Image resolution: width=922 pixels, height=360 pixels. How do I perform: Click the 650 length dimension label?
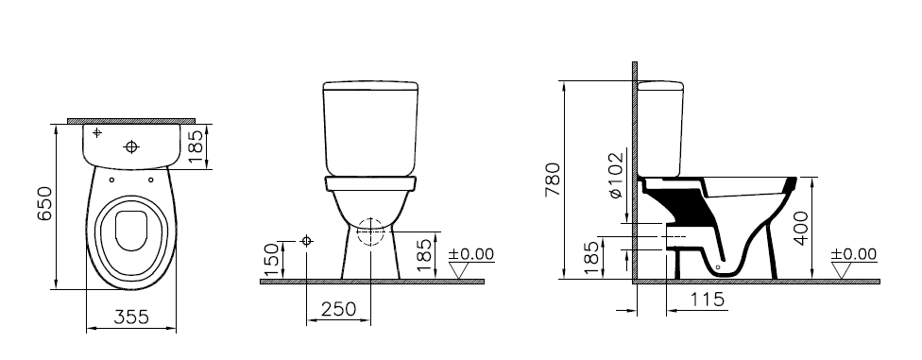[44, 203]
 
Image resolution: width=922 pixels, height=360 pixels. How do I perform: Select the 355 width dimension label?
[131, 317]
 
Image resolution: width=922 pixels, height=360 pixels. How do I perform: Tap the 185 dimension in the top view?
[196, 146]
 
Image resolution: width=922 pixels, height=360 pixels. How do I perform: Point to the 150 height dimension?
[271, 260]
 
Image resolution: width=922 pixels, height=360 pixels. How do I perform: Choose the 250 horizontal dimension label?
[339, 308]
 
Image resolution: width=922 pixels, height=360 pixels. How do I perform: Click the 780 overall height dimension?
[554, 180]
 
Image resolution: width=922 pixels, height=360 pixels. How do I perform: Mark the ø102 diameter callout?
[615, 176]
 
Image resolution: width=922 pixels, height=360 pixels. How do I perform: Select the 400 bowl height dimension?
[800, 228]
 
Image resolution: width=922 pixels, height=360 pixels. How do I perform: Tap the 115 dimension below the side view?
[707, 300]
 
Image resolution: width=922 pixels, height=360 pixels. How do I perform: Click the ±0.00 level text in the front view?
[471, 254]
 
